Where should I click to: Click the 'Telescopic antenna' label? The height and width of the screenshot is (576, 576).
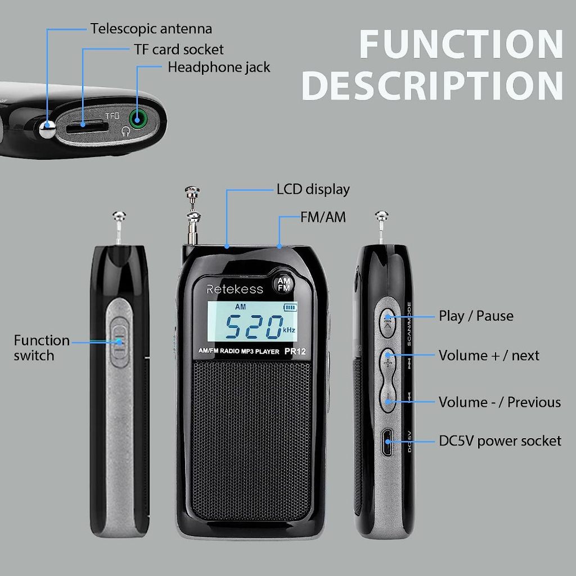pos(151,29)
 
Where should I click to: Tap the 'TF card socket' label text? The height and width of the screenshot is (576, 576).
pos(178,49)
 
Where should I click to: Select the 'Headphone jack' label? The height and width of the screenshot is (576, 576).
pos(219,67)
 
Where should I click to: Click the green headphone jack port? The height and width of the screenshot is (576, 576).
pos(138,119)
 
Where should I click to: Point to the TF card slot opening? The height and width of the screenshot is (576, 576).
pos(87,128)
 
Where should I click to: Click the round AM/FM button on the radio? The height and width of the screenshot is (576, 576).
pos(283,284)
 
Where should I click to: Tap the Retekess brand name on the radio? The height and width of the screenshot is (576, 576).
pos(235,290)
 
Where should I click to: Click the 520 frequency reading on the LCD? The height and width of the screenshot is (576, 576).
pos(254,327)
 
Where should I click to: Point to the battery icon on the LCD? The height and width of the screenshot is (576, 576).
pos(290,307)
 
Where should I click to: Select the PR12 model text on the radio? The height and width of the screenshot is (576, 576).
pos(295,351)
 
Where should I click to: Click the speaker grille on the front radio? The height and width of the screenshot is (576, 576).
pos(251,439)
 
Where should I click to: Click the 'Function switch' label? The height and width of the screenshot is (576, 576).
pos(42,348)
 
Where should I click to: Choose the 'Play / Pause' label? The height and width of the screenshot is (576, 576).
pos(476,316)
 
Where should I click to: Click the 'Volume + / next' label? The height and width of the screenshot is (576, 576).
pos(489,355)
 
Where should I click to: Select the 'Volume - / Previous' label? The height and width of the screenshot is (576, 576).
pos(499,402)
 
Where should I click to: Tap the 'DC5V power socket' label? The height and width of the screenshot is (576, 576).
pos(500,441)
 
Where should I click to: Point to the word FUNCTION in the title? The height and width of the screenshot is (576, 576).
pos(461,44)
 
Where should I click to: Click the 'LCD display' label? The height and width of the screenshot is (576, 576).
pos(313,190)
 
